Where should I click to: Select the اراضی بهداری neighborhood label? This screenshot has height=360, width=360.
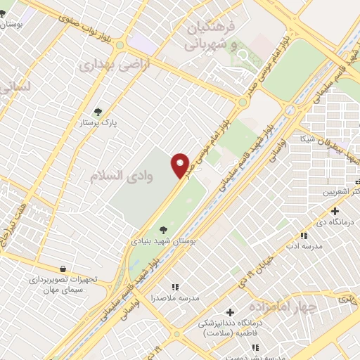(x=105, y=65)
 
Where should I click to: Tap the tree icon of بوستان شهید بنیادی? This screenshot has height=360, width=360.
(x=163, y=229)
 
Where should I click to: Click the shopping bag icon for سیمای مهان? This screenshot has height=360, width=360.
(x=63, y=268)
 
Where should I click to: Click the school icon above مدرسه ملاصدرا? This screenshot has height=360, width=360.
(x=175, y=287)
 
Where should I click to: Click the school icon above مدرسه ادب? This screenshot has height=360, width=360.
(x=304, y=236)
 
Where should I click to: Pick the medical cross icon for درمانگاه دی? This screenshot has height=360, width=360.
(x=335, y=211)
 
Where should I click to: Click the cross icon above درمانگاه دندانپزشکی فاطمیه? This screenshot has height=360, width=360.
(x=230, y=312)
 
